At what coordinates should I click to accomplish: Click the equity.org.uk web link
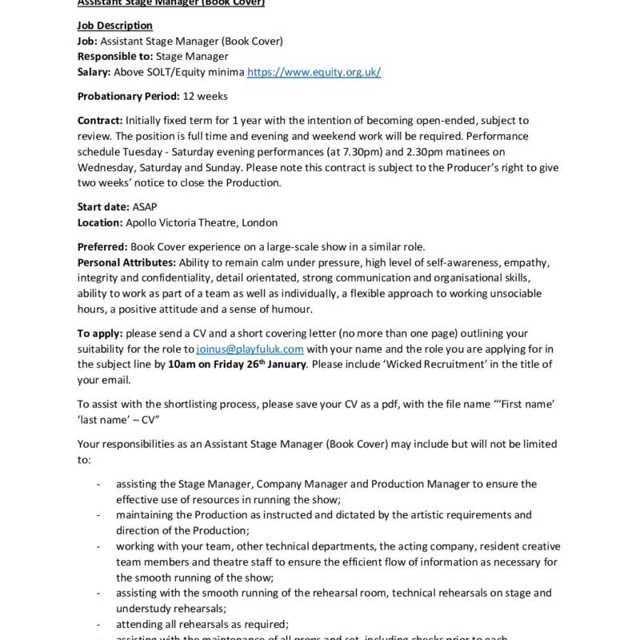click(314, 72)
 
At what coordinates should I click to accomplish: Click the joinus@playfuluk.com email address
click(250, 349)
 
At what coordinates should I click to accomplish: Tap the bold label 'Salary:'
click(94, 72)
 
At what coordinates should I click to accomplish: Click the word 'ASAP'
click(146, 206)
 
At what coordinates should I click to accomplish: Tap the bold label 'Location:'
click(100, 222)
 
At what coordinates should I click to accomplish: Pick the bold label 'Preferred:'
click(102, 246)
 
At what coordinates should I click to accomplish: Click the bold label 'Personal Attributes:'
click(126, 262)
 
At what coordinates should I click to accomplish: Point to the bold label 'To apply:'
click(100, 333)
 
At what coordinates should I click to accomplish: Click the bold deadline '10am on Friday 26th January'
click(237, 364)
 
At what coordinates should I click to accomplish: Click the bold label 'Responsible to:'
click(114, 56)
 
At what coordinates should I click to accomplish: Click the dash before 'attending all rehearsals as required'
click(98, 624)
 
